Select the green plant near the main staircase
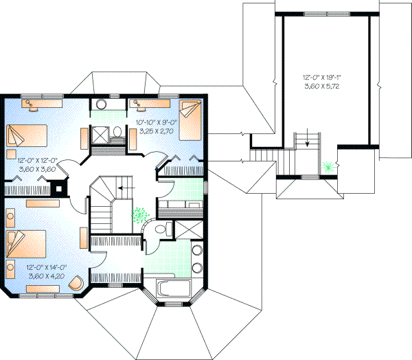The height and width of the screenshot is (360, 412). [141, 215]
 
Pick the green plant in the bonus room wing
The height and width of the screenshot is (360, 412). [330, 166]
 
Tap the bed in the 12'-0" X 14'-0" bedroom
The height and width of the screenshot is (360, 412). [26, 243]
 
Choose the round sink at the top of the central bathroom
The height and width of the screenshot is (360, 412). [100, 105]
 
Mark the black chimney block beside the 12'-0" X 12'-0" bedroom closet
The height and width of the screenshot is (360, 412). [62, 187]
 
